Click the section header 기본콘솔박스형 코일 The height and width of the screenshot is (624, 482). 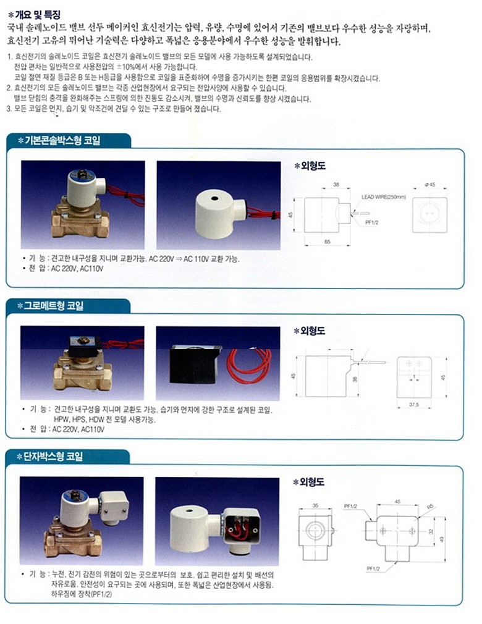62,140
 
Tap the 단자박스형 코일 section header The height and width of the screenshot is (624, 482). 53,457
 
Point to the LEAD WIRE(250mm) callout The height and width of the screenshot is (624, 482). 383,197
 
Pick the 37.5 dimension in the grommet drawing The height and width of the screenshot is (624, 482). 413,405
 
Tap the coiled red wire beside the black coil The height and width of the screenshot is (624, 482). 249,365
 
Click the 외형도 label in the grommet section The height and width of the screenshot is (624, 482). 312,331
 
